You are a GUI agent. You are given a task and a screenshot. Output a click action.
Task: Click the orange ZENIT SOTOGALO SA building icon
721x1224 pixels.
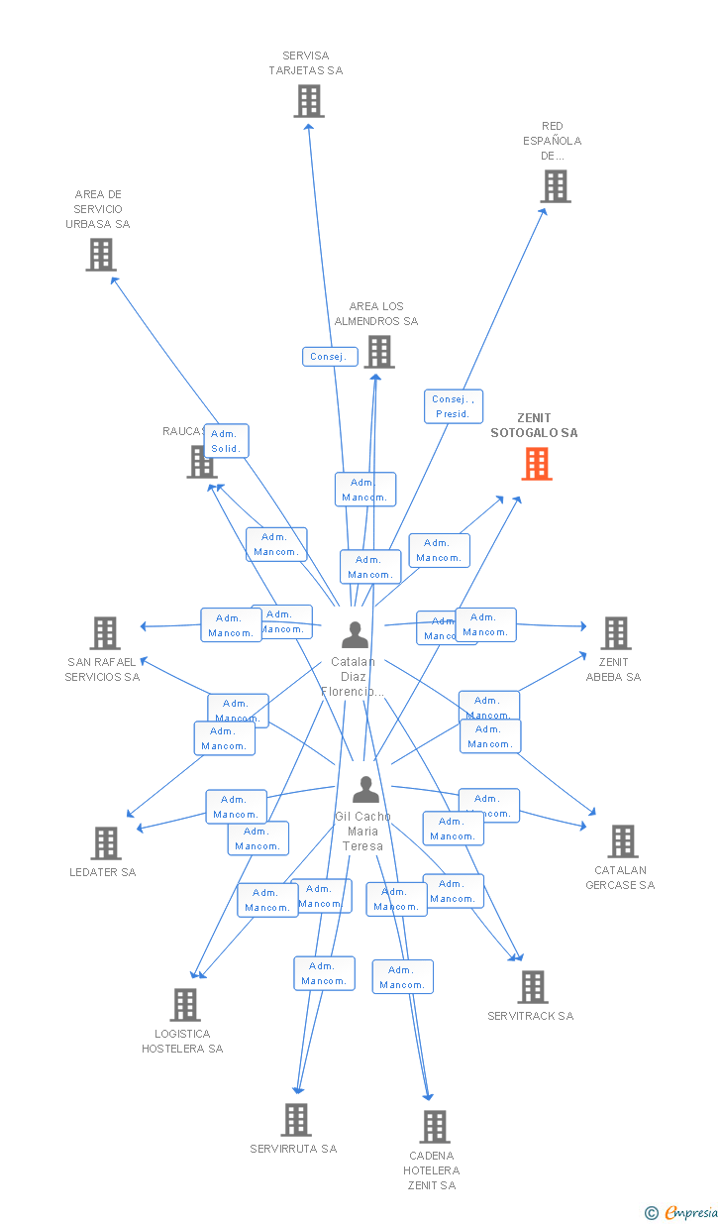[x=537, y=464]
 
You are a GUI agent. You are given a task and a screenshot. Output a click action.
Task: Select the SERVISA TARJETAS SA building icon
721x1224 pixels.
[x=309, y=101]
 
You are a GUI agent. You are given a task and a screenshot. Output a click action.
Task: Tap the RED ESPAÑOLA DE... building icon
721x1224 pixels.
[x=556, y=185]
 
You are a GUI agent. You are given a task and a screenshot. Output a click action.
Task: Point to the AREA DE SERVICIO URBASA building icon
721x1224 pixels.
[x=100, y=255]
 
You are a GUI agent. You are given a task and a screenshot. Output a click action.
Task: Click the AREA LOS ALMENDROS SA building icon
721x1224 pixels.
[x=379, y=352]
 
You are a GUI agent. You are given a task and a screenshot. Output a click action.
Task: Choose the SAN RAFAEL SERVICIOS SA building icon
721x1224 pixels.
[x=105, y=633]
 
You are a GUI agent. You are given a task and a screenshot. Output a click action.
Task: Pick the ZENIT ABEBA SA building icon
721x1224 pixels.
[x=616, y=633]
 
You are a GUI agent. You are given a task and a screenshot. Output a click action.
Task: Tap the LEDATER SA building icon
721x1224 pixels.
[x=106, y=843]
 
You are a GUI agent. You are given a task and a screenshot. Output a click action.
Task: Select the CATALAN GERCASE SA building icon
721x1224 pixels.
[x=623, y=841]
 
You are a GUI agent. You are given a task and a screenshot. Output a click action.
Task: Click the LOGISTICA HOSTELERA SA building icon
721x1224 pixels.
[x=185, y=1005]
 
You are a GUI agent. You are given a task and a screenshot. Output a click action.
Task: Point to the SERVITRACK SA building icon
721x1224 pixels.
[x=533, y=987]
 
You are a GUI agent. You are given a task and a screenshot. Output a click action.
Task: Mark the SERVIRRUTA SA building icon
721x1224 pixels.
[x=296, y=1120]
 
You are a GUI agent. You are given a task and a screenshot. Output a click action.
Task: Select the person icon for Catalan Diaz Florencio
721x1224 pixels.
[x=355, y=634]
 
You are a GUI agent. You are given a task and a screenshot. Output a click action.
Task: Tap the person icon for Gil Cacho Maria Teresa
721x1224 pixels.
[x=366, y=790]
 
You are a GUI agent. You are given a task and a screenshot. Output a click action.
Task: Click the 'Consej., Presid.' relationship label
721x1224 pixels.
[x=454, y=406]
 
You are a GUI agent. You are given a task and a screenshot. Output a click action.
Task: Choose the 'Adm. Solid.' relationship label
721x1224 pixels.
[x=225, y=441]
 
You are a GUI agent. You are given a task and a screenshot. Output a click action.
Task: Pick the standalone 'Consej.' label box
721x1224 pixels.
[x=329, y=357]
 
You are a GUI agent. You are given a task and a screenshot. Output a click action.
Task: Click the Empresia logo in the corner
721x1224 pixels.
[x=682, y=1212]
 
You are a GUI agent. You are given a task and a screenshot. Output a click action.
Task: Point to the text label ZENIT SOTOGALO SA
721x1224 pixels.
[x=534, y=425]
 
